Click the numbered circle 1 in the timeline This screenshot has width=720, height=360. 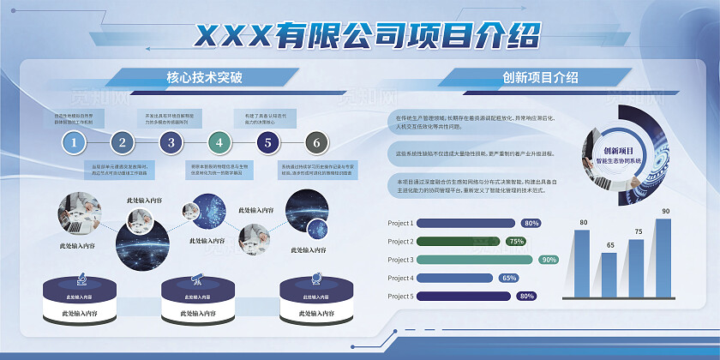point(75,142)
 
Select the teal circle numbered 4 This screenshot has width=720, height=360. point(219,142)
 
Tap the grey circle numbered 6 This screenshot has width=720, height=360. point(316,142)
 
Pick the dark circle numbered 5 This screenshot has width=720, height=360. point(268,142)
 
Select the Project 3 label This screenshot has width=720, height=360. point(401,260)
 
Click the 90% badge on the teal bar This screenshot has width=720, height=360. point(549,260)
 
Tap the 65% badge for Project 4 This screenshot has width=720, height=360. point(509,278)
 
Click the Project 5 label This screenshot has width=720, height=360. point(401,297)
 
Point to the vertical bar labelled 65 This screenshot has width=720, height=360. point(609,273)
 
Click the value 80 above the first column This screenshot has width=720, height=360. point(584,223)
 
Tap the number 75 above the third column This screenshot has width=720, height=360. point(638,231)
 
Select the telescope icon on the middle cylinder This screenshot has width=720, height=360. point(196,279)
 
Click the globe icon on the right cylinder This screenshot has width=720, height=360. point(314,279)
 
